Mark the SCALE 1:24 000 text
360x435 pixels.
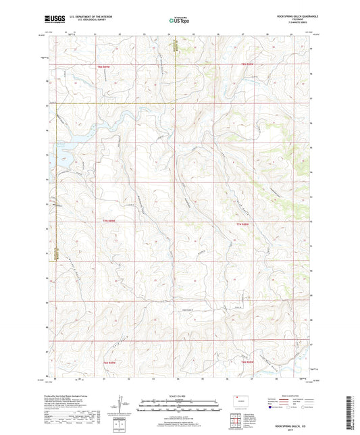[x=179, y=396]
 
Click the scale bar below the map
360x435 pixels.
[x=179, y=406]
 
